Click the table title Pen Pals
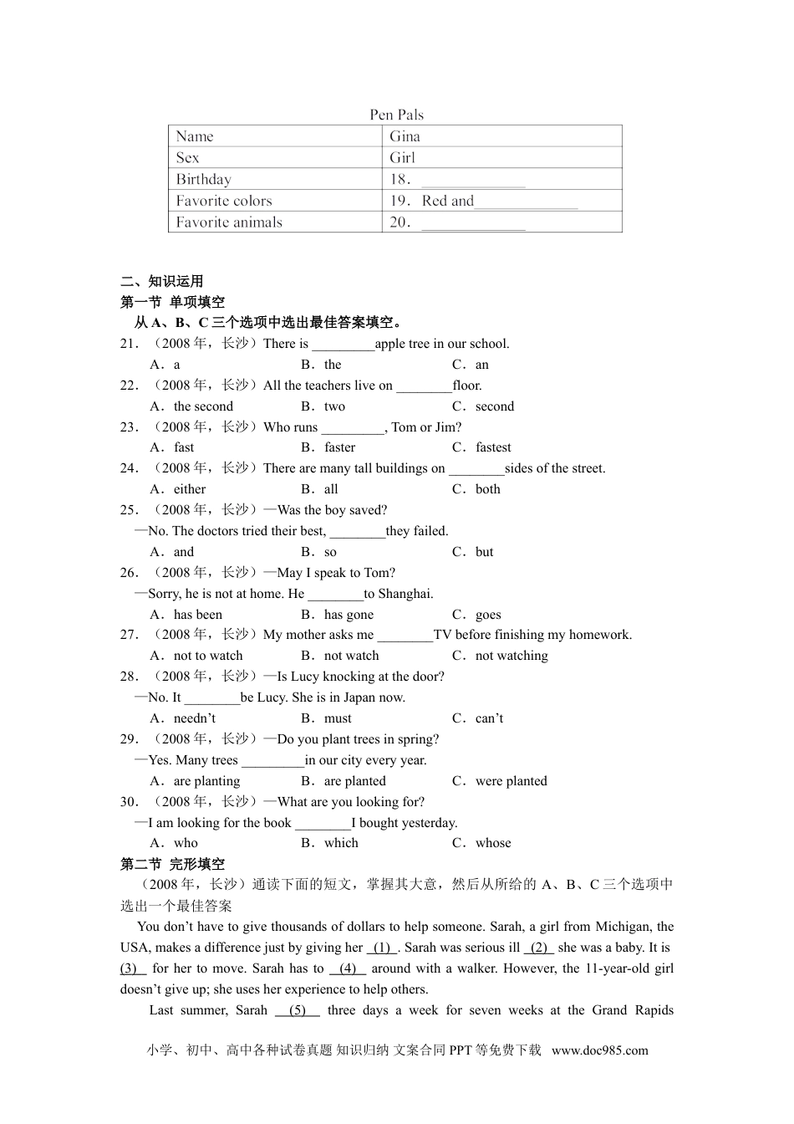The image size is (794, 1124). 396,115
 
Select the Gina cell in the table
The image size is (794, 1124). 405,136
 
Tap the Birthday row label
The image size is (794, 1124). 203,179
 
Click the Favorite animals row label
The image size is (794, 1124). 229,222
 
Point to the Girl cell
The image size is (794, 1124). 402,157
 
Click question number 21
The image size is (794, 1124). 129,344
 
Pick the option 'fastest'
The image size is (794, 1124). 492,447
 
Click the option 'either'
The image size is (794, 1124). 189,489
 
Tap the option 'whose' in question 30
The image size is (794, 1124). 493,843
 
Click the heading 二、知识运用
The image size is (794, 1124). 162,281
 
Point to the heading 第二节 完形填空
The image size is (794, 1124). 173,864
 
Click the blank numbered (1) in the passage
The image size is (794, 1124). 382,948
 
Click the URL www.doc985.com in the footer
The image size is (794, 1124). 599,1050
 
